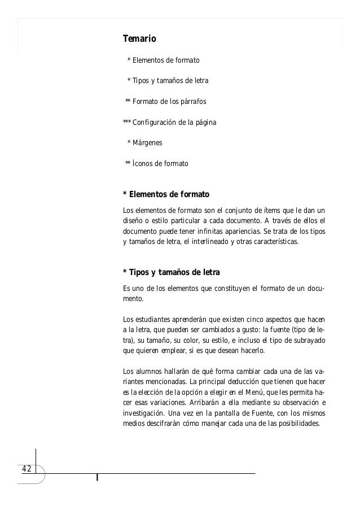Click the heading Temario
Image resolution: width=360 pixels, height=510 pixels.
pos(139,39)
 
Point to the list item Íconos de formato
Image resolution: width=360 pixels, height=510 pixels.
pos(160,164)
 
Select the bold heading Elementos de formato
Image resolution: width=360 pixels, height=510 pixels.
pos(169,195)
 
